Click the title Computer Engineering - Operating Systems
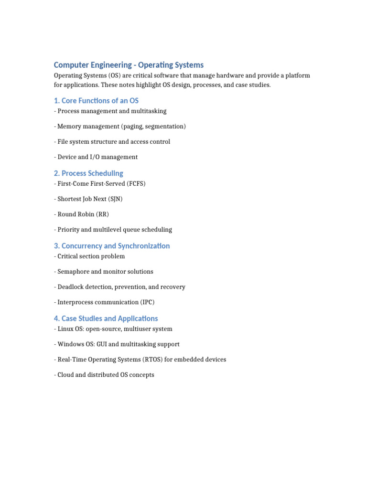(x=129, y=65)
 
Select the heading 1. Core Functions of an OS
(x=96, y=101)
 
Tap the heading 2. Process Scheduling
(x=88, y=173)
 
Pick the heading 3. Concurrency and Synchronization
(x=112, y=246)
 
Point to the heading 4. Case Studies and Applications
(x=106, y=319)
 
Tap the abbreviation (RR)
(x=102, y=214)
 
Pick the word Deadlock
(x=71, y=287)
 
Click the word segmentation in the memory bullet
(x=164, y=127)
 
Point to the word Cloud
(x=66, y=375)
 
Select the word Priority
(x=68, y=230)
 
